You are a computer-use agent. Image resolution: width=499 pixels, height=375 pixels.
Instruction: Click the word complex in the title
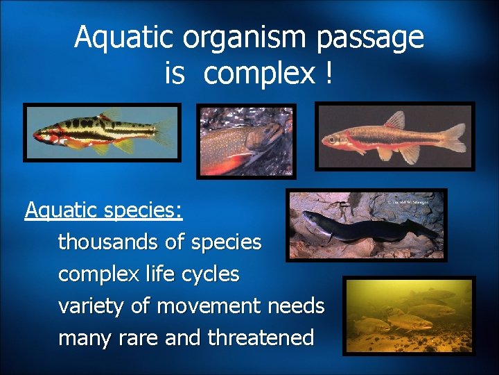point(259,73)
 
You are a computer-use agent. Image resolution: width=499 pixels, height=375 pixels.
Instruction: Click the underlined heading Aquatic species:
point(104,209)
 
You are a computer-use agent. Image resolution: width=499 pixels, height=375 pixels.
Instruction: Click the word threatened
point(261,338)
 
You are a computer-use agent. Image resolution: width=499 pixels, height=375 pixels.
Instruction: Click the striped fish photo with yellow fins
point(102,132)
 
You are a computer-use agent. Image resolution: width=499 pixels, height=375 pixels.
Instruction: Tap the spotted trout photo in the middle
point(246,142)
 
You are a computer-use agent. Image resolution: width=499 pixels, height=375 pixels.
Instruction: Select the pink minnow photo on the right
point(395,136)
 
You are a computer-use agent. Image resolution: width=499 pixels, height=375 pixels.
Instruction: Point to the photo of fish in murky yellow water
point(409,315)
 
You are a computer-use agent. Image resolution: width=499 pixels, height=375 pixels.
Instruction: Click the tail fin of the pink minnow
point(454,137)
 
